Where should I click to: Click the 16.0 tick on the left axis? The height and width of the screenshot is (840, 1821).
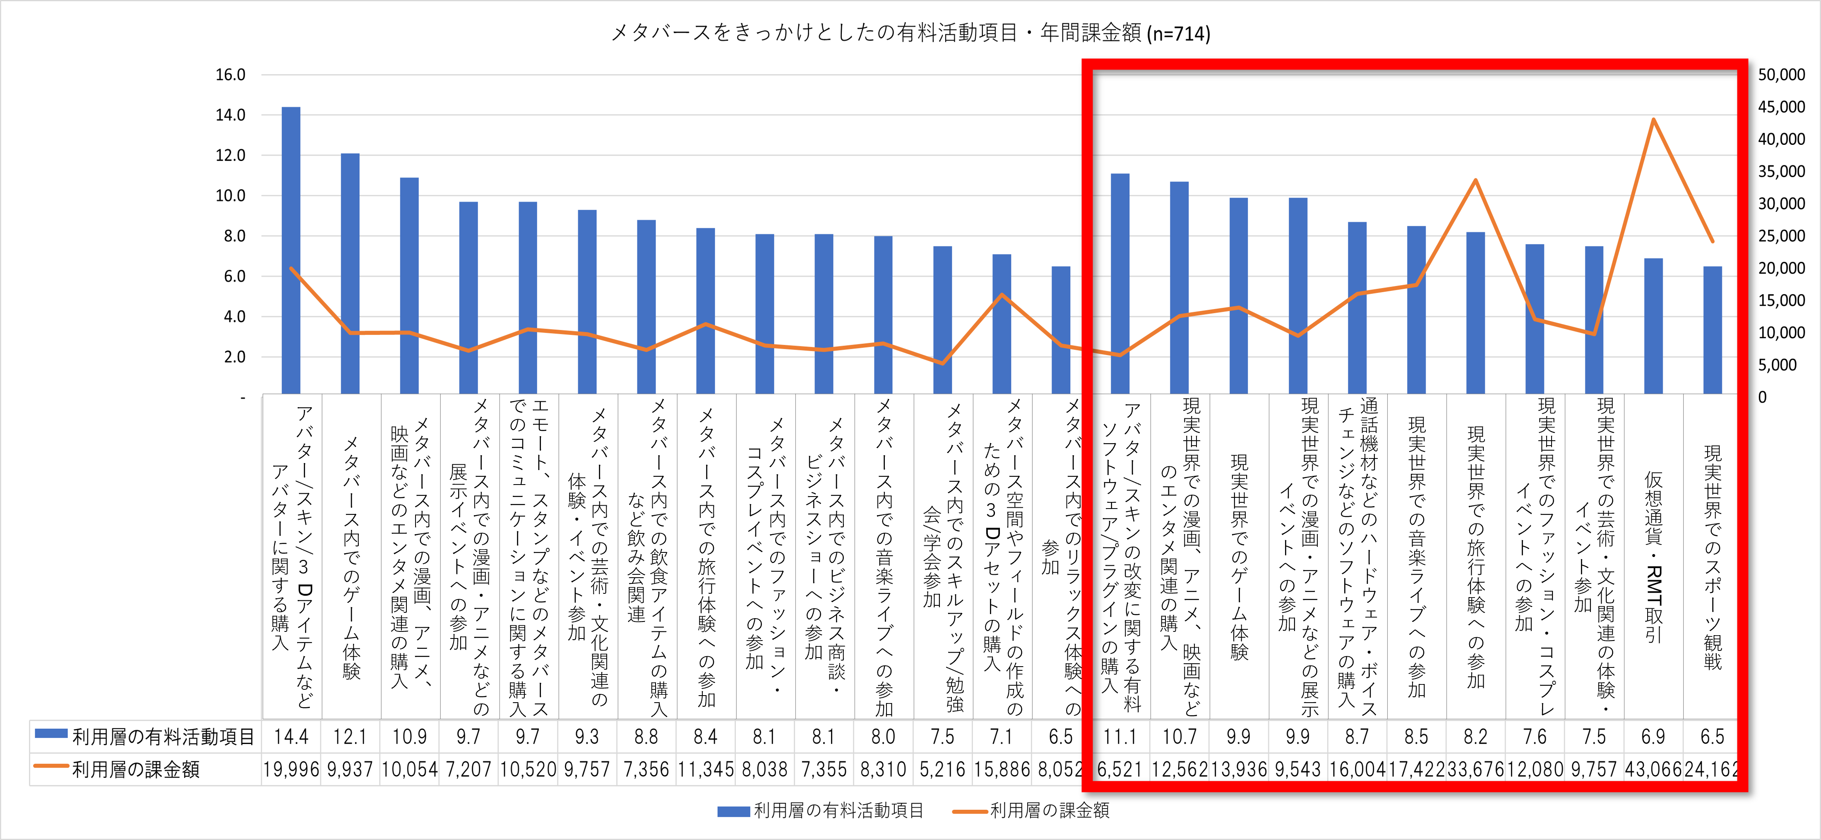point(231,75)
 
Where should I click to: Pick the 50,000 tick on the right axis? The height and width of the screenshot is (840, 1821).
point(1781,75)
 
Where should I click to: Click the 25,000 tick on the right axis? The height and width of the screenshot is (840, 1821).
point(1781,236)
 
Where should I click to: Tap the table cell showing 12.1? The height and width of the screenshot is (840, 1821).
point(350,737)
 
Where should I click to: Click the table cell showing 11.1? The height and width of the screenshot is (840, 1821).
point(1120,737)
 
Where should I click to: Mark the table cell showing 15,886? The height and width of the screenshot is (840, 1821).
point(1002,769)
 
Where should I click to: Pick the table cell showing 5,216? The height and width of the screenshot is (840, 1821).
point(942,769)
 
